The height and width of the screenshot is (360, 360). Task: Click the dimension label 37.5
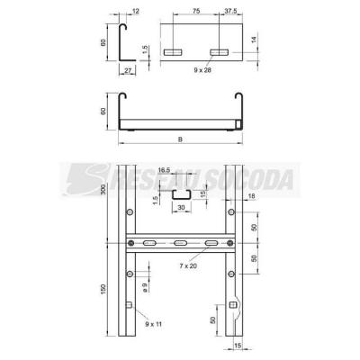[x=230, y=11]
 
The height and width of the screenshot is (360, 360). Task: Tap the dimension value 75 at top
[x=196, y=11]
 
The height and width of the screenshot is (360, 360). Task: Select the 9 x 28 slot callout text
[x=202, y=70]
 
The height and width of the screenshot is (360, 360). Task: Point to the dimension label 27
[x=128, y=71]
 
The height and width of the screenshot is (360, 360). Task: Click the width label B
[x=180, y=139]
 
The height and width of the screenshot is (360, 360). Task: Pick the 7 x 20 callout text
[x=188, y=265]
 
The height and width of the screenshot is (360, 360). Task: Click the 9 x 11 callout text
[x=153, y=324]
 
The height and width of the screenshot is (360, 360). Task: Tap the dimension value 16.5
[x=164, y=170]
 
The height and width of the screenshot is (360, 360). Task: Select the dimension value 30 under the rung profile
[x=181, y=207]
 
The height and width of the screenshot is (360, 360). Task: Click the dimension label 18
[x=252, y=196]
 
